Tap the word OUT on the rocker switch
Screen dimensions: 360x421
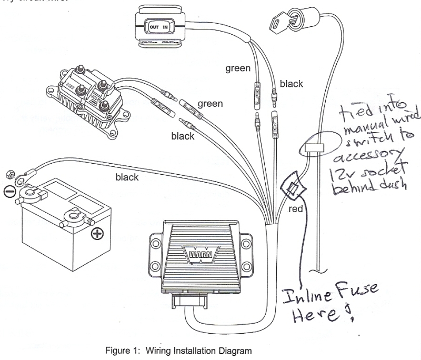coord(155,26)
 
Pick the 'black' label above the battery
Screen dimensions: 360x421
coord(127,177)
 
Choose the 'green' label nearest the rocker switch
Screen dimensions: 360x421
coord(238,68)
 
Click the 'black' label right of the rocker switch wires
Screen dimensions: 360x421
coord(291,83)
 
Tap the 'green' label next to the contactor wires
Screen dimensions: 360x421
coord(210,104)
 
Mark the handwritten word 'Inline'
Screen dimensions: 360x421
coord(303,295)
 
